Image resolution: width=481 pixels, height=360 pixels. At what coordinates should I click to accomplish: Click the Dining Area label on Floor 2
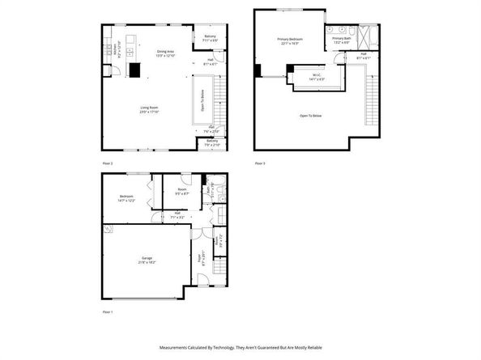click(166, 53)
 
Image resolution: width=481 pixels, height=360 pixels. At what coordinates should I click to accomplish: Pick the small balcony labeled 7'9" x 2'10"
click(212, 143)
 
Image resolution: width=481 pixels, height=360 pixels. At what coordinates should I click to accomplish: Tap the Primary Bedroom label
click(290, 42)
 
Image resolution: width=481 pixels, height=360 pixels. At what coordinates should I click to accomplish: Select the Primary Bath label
click(340, 40)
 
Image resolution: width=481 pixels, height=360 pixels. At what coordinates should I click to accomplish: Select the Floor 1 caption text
click(108, 311)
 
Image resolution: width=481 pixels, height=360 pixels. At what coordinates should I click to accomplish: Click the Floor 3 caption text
click(260, 163)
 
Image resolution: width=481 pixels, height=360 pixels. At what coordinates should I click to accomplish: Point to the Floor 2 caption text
click(108, 163)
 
